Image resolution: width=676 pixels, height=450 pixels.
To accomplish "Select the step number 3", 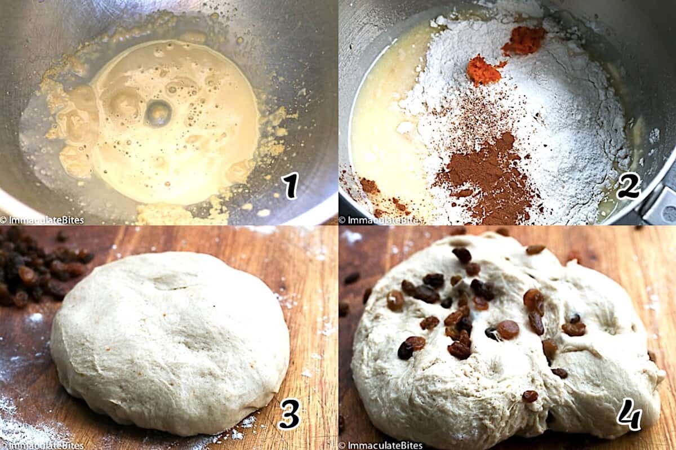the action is [x=289, y=414].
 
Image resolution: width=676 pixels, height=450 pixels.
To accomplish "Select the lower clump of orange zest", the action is [x=483, y=71].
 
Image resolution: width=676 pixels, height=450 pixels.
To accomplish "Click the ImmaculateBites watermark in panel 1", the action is [x=42, y=220].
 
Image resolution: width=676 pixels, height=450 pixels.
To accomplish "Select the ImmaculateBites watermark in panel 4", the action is [x=381, y=445].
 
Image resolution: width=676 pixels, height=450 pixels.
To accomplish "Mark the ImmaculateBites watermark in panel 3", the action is [x=42, y=445].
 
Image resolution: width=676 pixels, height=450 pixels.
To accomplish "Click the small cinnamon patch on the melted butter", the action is [x=369, y=186].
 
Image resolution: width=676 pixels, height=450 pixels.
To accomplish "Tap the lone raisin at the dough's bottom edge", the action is [x=530, y=396].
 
